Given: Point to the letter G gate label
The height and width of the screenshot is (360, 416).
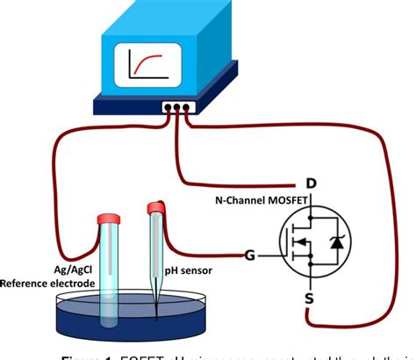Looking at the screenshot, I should pyautogui.click(x=250, y=256).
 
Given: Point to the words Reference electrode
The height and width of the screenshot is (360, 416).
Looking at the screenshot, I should pyautogui.click(x=52, y=282).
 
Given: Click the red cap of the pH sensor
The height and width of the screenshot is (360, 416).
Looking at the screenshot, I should pyautogui.click(x=156, y=207).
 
